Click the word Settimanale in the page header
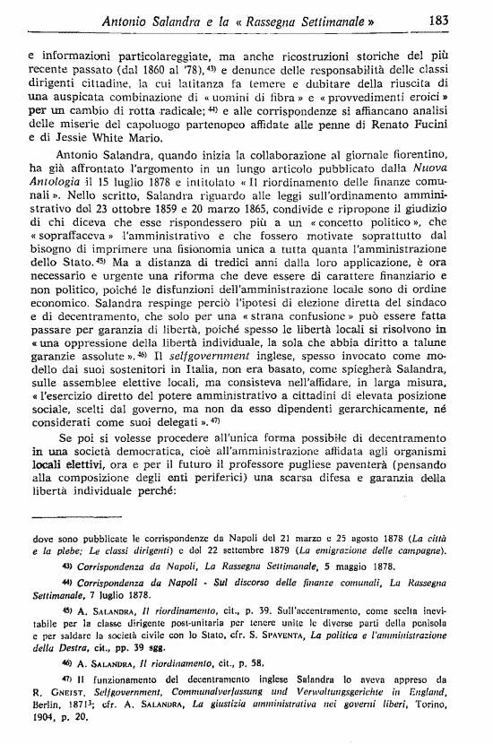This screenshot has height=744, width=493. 316,18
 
